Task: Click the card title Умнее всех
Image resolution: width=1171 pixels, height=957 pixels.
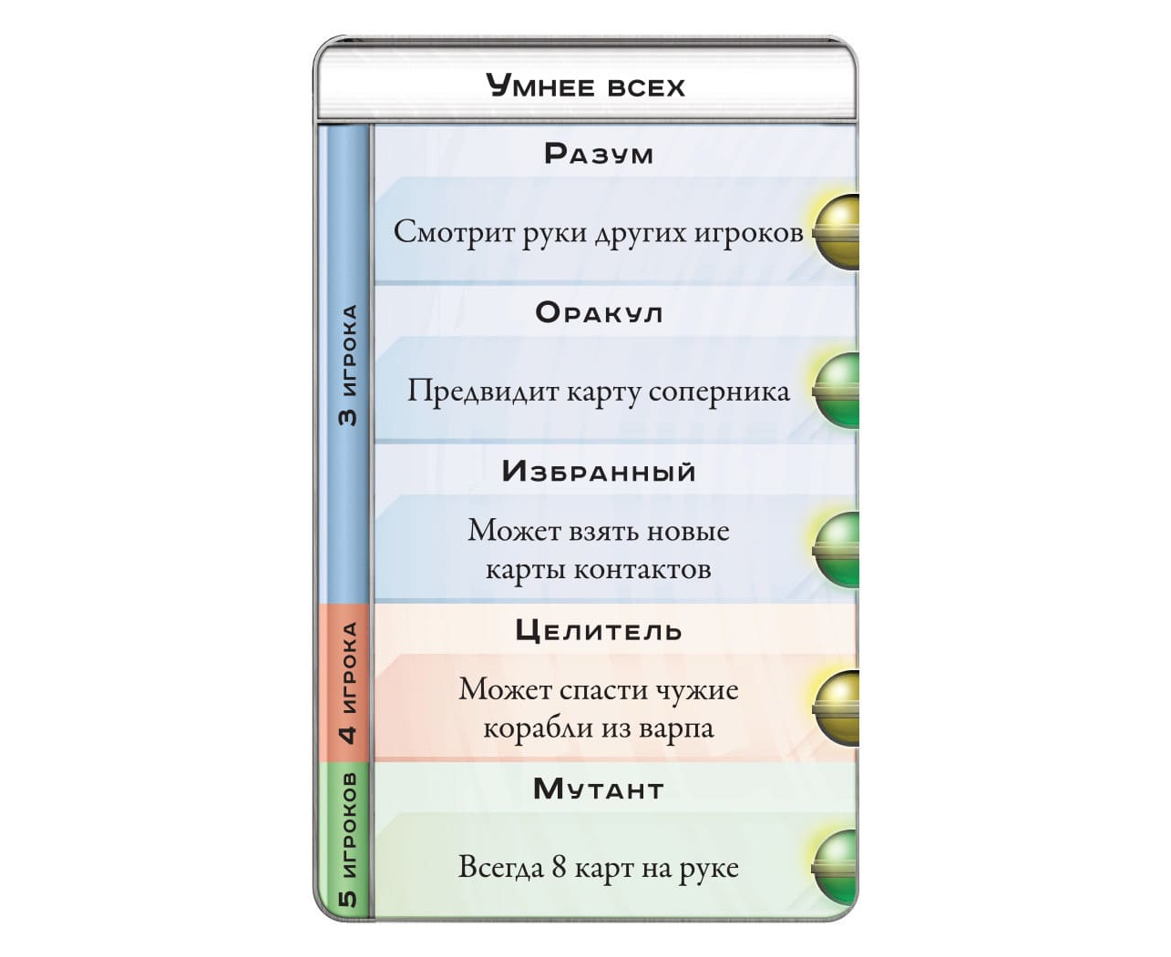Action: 585,87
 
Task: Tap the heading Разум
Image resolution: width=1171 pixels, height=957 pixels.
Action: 599,153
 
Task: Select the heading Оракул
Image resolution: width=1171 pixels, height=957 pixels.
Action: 599,312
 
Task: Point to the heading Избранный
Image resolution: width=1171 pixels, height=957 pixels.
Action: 599,471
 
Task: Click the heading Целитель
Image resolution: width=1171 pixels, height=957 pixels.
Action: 599,630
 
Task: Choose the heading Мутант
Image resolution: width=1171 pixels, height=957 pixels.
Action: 599,789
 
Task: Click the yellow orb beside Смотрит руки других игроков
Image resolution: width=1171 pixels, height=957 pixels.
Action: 837,232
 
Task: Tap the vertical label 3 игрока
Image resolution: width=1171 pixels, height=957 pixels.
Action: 347,364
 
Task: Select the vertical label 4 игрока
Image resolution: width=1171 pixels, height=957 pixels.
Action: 347,682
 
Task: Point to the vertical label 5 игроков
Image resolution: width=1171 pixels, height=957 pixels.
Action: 347,840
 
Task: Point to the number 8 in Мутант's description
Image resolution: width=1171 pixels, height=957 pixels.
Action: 559,867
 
